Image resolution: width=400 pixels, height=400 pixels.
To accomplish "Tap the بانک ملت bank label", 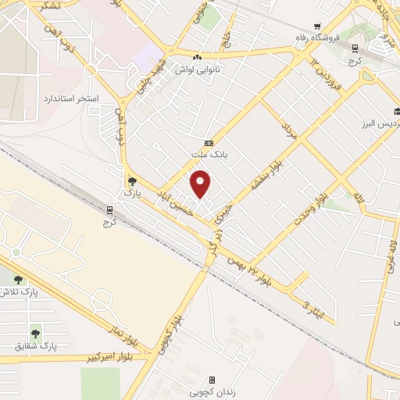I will [x=207, y=155].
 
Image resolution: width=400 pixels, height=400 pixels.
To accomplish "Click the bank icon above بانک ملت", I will [x=208, y=143].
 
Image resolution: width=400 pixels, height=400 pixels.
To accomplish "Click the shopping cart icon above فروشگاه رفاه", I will [x=316, y=26].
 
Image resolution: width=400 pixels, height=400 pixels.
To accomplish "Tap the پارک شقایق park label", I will [x=36, y=345].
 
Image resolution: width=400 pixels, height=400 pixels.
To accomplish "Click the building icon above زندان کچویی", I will [x=212, y=379].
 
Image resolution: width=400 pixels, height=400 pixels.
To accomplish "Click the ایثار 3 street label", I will [x=300, y=305].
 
